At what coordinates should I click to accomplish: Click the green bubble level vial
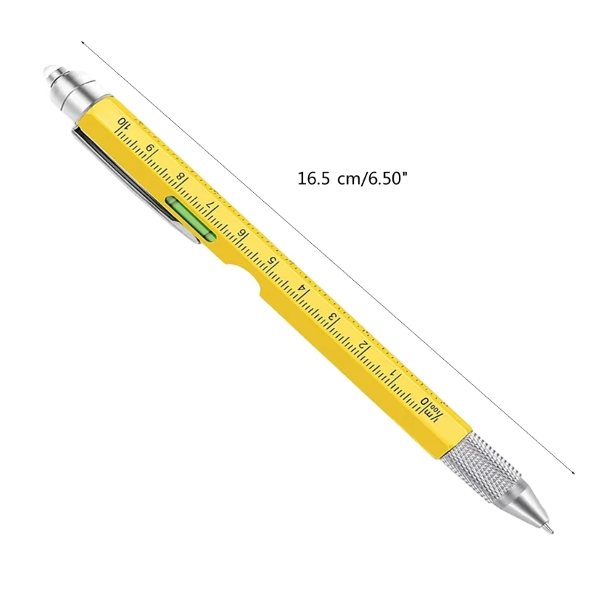(190, 218)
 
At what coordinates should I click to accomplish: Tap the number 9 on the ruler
(151, 150)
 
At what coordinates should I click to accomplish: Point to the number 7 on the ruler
(212, 206)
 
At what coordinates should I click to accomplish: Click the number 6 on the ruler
(242, 234)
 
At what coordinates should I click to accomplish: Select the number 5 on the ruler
(273, 262)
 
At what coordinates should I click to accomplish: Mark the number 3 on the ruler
(333, 318)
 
